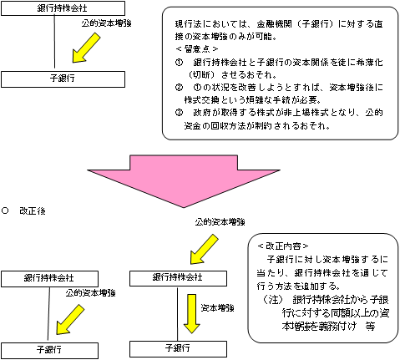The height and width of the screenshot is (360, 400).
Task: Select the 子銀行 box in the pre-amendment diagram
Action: (x=53, y=79)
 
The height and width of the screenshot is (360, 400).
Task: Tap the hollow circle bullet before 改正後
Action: (x=6, y=210)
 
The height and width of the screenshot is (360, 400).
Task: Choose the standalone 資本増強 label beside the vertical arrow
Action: (x=217, y=307)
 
